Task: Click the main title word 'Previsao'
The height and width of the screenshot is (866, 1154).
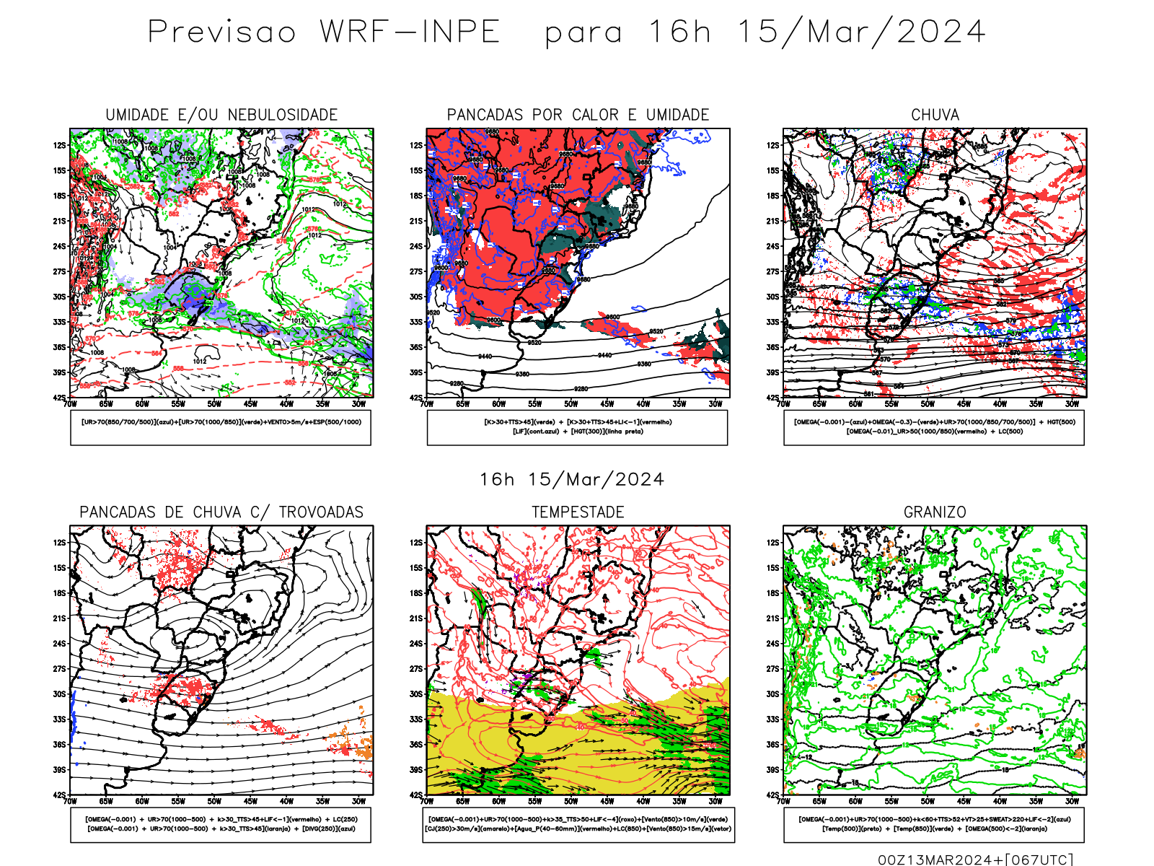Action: (x=222, y=32)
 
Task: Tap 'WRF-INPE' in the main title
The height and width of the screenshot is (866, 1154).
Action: (x=410, y=32)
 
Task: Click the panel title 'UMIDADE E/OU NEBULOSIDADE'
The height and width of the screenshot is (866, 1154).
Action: (x=221, y=115)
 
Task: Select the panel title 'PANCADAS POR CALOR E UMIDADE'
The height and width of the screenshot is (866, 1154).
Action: (x=578, y=115)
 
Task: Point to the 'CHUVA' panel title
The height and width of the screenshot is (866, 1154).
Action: (x=935, y=115)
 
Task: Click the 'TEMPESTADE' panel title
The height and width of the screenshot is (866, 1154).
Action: (x=578, y=512)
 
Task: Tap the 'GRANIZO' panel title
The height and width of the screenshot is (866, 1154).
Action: (x=935, y=512)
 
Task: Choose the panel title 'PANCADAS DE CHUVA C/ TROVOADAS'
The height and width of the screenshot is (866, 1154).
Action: (x=221, y=512)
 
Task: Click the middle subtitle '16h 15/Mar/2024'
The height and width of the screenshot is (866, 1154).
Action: (x=572, y=480)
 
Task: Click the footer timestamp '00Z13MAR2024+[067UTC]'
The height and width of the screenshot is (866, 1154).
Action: (x=975, y=860)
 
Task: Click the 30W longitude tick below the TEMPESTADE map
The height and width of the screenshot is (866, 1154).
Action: (x=715, y=801)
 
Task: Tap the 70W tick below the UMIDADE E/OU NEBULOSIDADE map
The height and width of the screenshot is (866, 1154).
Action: (x=70, y=404)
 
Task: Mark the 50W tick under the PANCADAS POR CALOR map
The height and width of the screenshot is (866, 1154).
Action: (x=571, y=404)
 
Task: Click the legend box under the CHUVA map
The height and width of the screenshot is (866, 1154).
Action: (x=934, y=427)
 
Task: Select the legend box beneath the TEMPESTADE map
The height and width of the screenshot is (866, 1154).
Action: (x=578, y=824)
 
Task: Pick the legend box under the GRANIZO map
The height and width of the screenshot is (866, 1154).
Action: (x=934, y=824)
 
